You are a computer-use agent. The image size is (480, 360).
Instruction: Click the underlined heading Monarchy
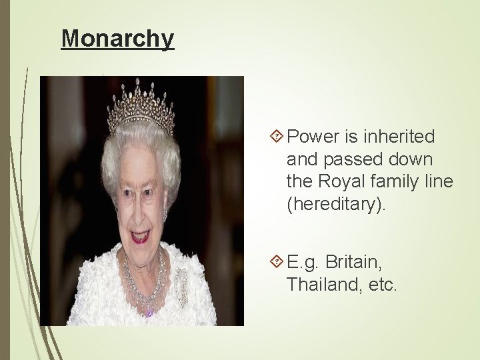[117, 38]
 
